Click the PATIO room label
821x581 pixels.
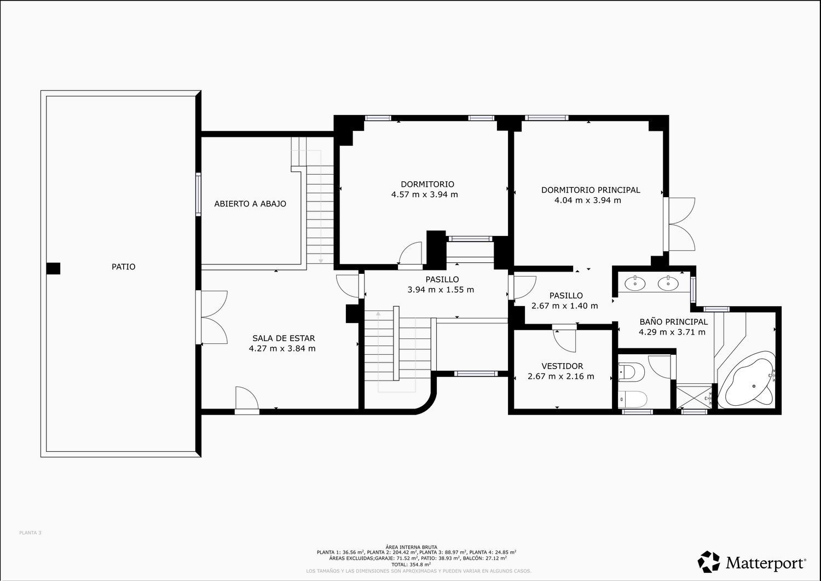click(x=124, y=267)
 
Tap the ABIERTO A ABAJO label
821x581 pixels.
click(x=250, y=204)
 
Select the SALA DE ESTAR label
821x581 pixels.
click(x=284, y=338)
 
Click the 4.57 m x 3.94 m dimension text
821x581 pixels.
click(x=424, y=194)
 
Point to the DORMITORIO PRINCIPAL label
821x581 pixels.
click(x=591, y=190)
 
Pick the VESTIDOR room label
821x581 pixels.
click(x=562, y=366)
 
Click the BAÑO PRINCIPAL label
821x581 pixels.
click(x=674, y=321)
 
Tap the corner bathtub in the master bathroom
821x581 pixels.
click(x=747, y=380)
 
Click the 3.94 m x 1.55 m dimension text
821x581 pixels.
click(x=441, y=290)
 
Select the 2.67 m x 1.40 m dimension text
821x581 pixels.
click(x=564, y=306)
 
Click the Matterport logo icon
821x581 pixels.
click(x=708, y=562)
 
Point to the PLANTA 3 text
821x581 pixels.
click(x=30, y=533)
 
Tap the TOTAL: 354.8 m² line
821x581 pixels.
click(x=411, y=565)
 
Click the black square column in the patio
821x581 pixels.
click(x=53, y=268)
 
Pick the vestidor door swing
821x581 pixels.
click(x=564, y=341)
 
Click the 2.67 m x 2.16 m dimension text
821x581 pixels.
click(x=561, y=376)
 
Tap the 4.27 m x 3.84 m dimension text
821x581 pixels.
click(x=282, y=348)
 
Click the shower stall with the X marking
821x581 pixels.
click(x=694, y=396)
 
